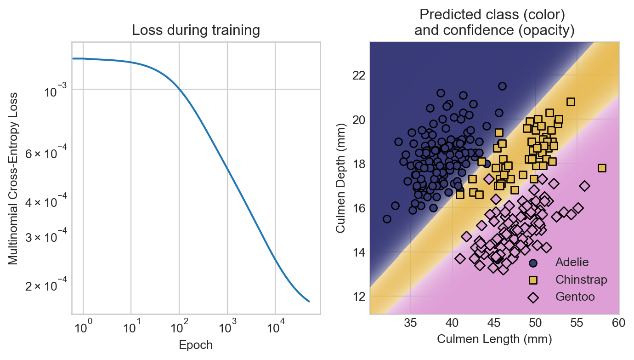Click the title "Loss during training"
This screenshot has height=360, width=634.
pyautogui.click(x=196, y=31)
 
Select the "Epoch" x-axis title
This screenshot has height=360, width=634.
pyautogui.click(x=196, y=345)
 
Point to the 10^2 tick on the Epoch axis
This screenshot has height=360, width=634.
pyautogui.click(x=179, y=328)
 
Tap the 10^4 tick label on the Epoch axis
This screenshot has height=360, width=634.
pyautogui.click(x=275, y=328)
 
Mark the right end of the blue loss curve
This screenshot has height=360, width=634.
pyautogui.click(x=309, y=301)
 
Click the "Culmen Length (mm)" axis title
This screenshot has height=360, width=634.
pyautogui.click(x=494, y=339)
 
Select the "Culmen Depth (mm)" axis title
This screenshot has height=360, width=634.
pyautogui.click(x=340, y=178)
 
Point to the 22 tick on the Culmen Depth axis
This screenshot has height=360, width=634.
pyautogui.click(x=359, y=75)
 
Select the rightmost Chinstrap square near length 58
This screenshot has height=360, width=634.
pyautogui.click(x=602, y=168)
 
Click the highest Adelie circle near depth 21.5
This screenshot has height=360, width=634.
pyautogui.click(x=502, y=86)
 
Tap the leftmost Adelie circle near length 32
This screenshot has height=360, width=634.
pyautogui.click(x=387, y=219)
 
